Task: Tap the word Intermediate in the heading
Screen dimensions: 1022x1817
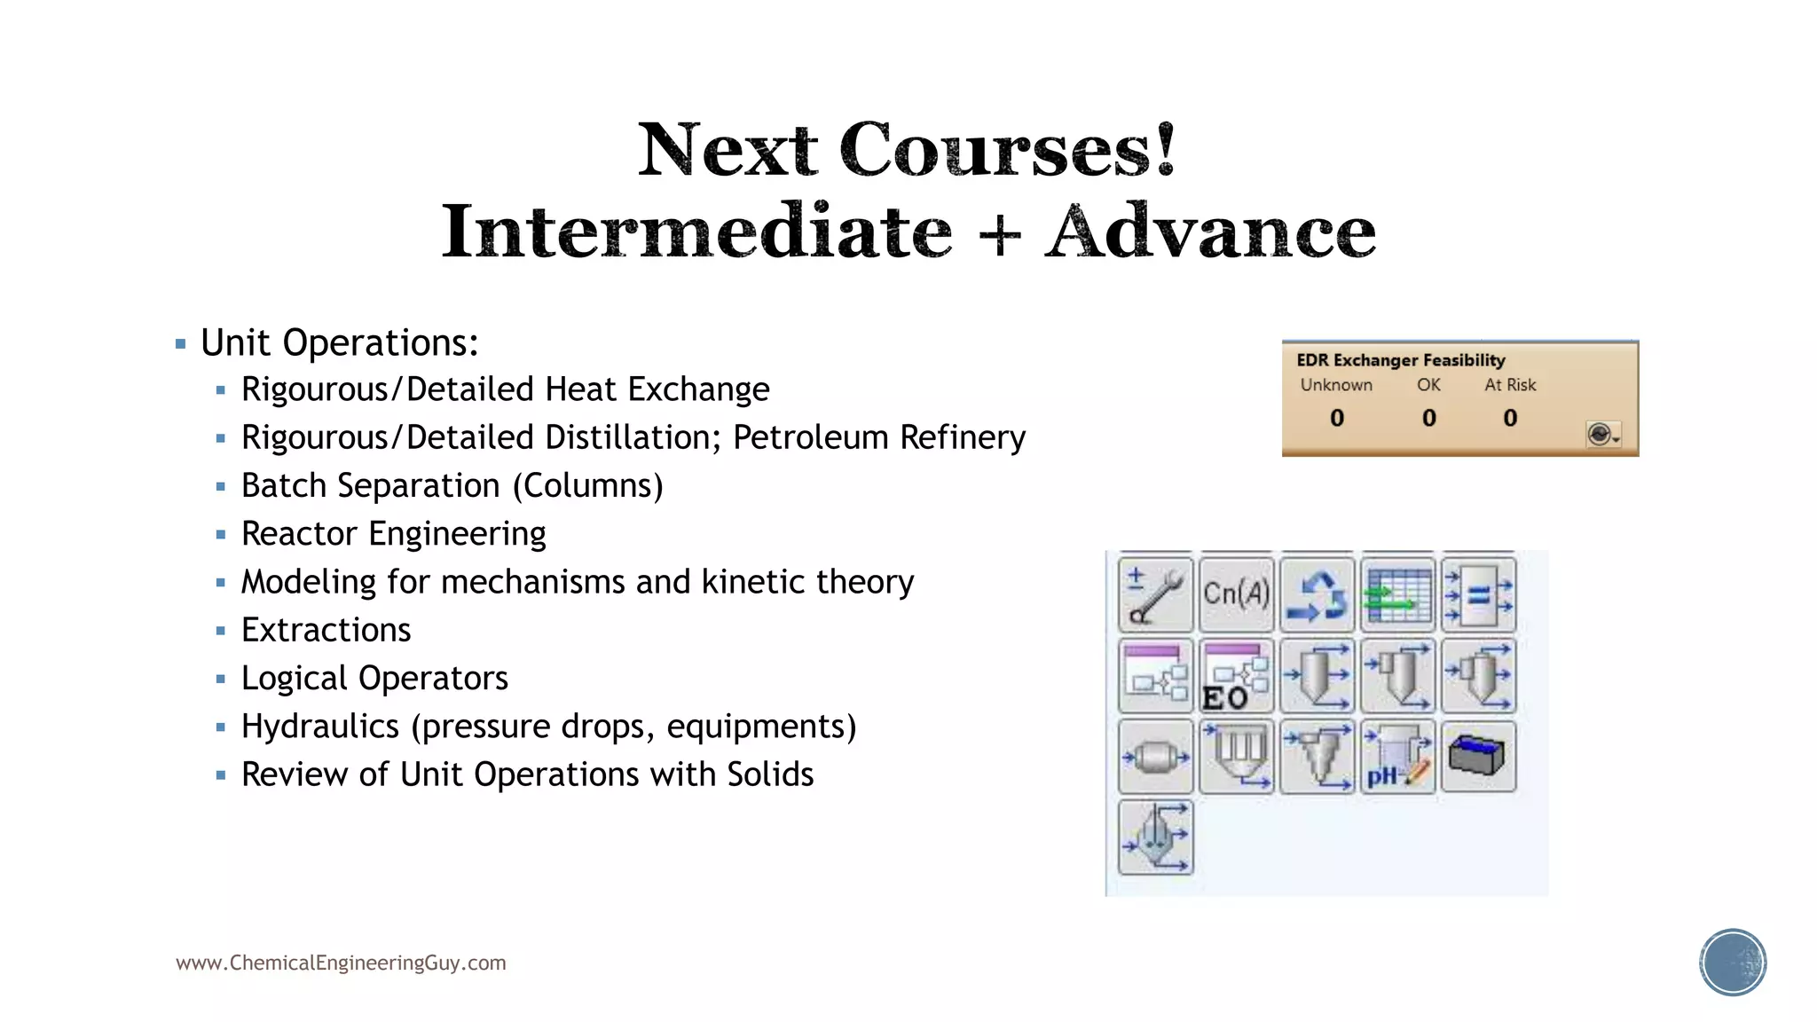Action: pyautogui.click(x=696, y=232)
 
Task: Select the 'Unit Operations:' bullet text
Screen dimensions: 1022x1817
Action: pyautogui.click(x=339, y=343)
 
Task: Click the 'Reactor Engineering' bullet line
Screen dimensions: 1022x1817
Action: pyautogui.click(x=393, y=534)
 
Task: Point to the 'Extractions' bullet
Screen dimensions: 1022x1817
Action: pyautogui.click(x=326, y=631)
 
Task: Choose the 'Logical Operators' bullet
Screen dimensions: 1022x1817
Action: pyautogui.click(x=374, y=679)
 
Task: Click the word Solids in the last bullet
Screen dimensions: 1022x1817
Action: pyautogui.click(x=770, y=774)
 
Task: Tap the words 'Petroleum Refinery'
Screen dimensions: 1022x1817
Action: pyautogui.click(x=878, y=437)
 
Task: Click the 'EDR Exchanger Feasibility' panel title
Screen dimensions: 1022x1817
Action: pyautogui.click(x=1400, y=360)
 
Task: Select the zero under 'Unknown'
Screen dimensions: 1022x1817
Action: pyautogui.click(x=1337, y=418)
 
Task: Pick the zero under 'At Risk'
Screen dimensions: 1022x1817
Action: pyautogui.click(x=1510, y=418)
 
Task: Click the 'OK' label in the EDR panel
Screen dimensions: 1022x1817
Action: pyautogui.click(x=1428, y=385)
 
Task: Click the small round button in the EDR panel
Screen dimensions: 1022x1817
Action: pyautogui.click(x=1601, y=434)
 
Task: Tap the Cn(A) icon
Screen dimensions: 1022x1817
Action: pyautogui.click(x=1236, y=594)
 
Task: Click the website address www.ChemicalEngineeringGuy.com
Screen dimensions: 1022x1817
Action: pyautogui.click(x=341, y=963)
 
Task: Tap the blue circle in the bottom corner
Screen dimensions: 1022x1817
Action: pyautogui.click(x=1733, y=963)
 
